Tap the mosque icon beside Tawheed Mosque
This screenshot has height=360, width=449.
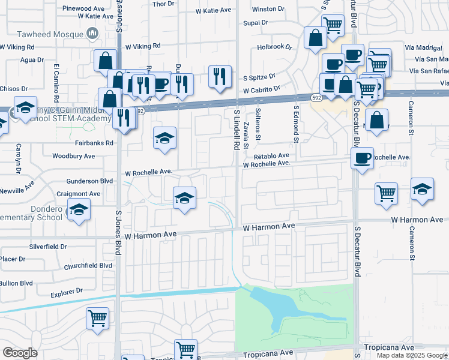point(92,35)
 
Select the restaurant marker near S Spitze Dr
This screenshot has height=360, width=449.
point(220,76)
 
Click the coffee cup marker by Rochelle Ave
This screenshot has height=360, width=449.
point(362,158)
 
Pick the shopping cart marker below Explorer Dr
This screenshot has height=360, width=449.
point(97,317)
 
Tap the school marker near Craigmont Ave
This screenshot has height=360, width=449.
point(185,197)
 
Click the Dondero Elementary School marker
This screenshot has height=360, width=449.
point(78,211)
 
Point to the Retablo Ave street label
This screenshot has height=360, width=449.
point(275,155)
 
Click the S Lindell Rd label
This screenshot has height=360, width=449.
point(237,130)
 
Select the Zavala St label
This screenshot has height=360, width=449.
point(247,134)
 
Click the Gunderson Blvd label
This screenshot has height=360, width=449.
point(89,181)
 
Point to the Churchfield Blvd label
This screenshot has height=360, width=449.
point(89,265)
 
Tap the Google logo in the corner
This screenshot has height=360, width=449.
point(20,353)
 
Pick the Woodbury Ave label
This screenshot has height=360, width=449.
point(74,156)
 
